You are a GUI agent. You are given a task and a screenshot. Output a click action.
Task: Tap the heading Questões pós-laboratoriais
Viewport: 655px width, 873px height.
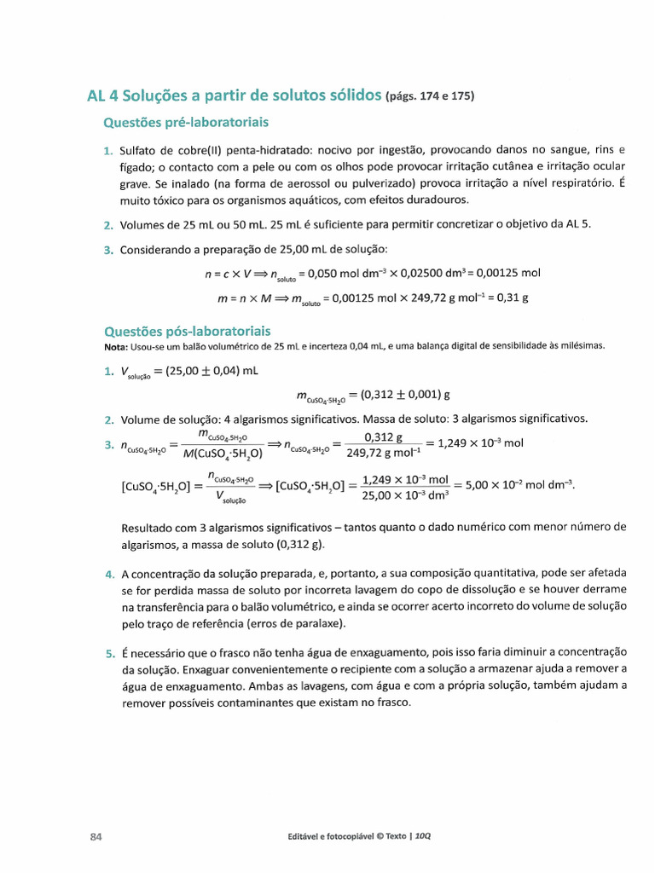[x=187, y=330]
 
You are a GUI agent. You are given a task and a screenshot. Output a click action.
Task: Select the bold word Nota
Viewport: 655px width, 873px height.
[x=114, y=345]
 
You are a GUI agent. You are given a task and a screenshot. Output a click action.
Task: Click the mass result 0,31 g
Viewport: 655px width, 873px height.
[x=513, y=298]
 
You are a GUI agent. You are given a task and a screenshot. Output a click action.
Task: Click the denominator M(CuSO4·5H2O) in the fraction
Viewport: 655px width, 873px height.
[x=223, y=454]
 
